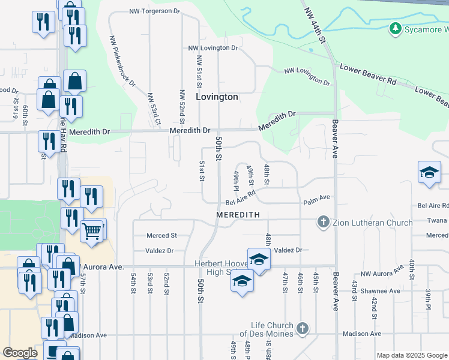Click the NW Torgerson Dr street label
tap(155, 11)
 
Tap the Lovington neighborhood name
tap(217, 97)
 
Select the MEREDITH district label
tap(238, 214)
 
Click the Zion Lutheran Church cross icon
tap(324, 223)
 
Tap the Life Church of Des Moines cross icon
tap(303, 329)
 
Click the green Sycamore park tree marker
tap(395, 28)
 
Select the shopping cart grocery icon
tap(92, 230)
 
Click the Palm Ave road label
tap(316, 197)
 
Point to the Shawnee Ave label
tap(380, 291)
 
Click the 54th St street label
tap(134, 283)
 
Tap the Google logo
tap(20, 353)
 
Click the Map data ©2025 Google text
tap(411, 355)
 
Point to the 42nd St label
tap(373, 307)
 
